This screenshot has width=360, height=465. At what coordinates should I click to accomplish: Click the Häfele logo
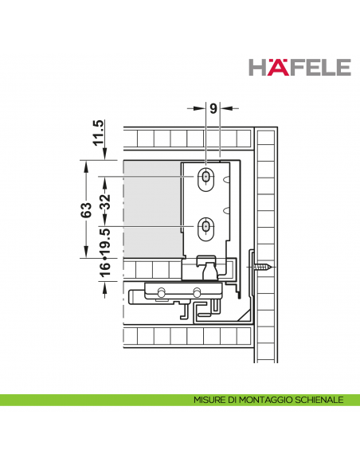299,68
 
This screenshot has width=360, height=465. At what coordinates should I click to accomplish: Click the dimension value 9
213,108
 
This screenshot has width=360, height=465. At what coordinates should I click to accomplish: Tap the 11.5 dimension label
99,132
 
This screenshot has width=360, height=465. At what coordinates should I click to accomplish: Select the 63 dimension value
86,210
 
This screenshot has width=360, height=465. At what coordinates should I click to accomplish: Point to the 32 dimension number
106,201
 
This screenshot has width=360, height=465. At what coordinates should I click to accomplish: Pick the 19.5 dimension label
106,241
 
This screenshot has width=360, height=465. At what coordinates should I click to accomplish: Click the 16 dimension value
106,270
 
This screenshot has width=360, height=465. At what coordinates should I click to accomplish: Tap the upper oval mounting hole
205,180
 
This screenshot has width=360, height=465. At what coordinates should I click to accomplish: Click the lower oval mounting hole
205,229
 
